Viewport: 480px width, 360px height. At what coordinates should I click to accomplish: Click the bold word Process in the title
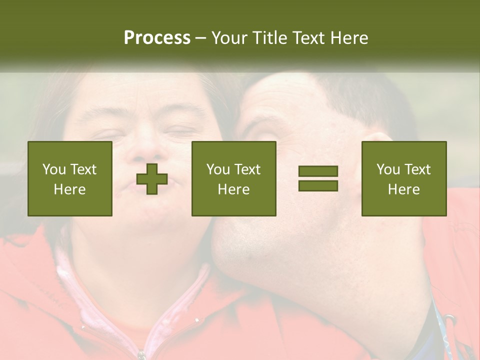pos(157,38)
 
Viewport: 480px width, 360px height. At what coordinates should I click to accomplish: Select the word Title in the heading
pos(270,38)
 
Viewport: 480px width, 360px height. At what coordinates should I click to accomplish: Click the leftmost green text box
pos(69,178)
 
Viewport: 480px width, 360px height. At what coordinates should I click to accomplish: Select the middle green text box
pos(233,178)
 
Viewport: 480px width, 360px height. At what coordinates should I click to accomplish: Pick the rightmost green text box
pos(403,178)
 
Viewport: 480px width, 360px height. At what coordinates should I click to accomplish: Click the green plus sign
pos(152,178)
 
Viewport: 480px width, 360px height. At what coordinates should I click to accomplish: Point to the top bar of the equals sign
pos(318,171)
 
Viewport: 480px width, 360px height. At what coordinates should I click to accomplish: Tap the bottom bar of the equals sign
pos(318,185)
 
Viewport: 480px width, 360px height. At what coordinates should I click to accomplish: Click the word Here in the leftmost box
pos(69,189)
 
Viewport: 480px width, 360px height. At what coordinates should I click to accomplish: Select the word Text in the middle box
pos(247,169)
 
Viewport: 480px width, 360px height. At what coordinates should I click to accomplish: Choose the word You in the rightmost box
pos(388,169)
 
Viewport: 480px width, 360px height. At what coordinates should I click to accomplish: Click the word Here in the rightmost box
pos(403,189)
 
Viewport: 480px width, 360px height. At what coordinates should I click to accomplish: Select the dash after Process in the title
pos(201,38)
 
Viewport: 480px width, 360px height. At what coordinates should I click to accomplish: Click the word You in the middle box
pos(218,169)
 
